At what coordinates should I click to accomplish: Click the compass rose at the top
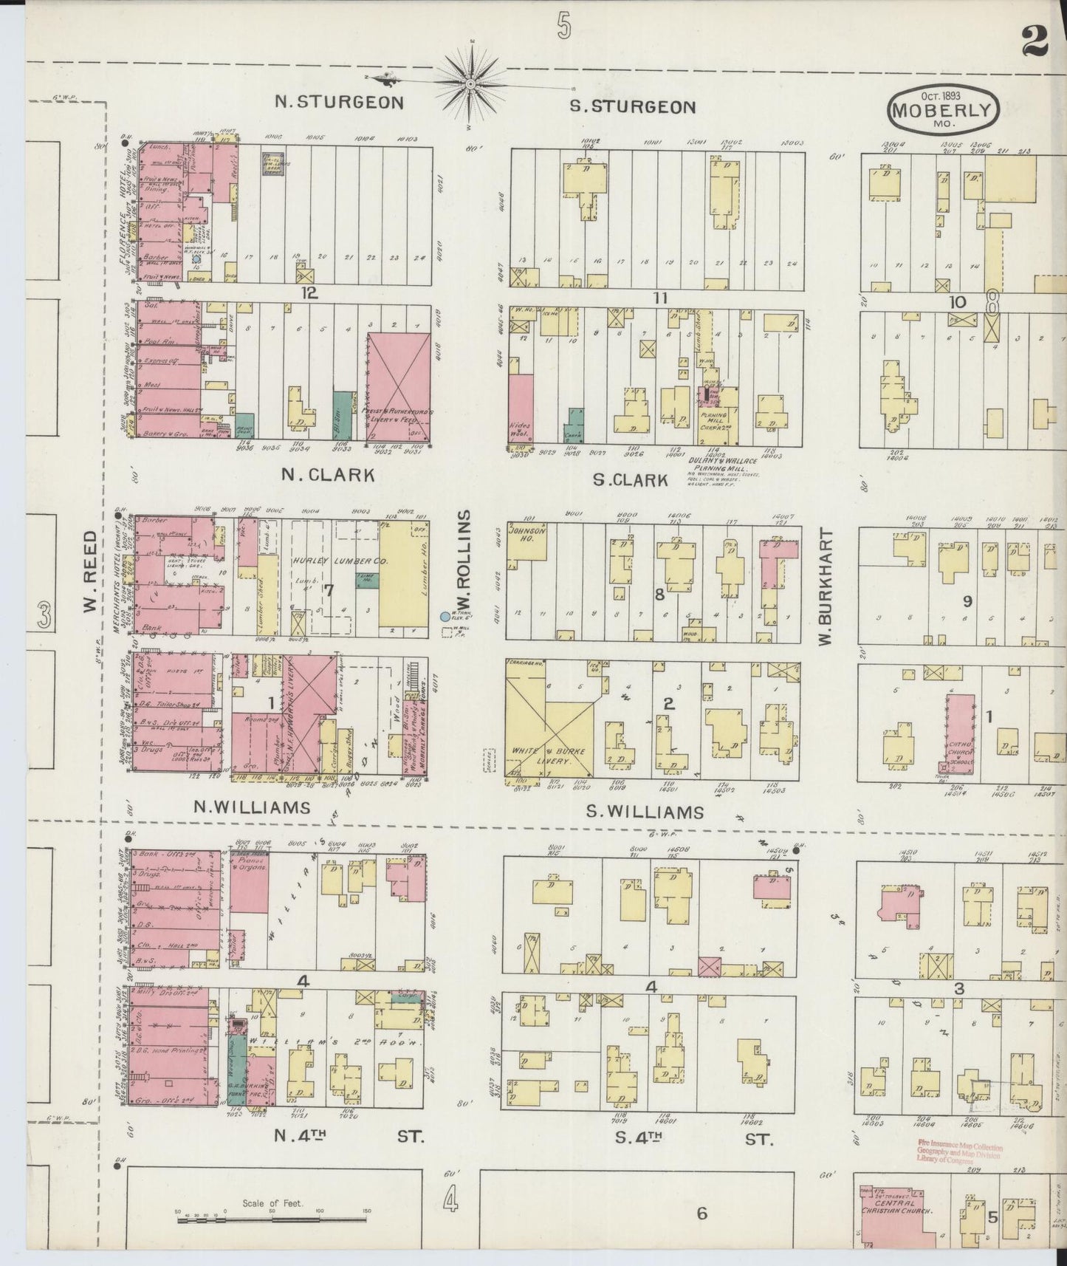point(470,81)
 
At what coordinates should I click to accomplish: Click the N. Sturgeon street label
point(339,102)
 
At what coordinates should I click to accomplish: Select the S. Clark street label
point(631,479)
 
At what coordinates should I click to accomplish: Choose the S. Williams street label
point(645,812)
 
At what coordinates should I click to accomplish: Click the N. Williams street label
point(252,807)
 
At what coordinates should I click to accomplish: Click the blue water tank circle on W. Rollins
point(444,616)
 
